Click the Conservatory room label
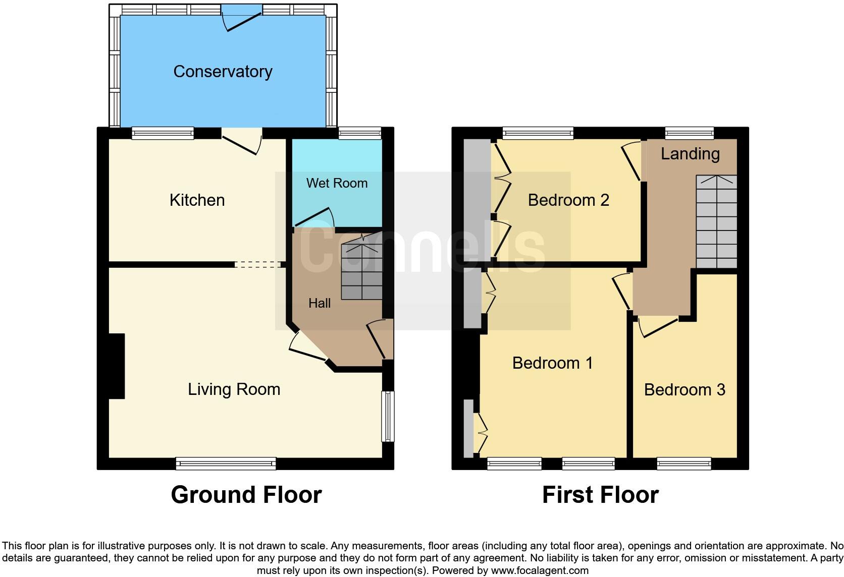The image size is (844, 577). pyautogui.click(x=223, y=72)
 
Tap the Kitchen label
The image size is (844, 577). pyautogui.click(x=197, y=200)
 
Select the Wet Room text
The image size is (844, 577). pyautogui.click(x=337, y=183)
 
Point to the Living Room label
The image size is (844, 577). pyautogui.click(x=234, y=389)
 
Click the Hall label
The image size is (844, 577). pyautogui.click(x=320, y=303)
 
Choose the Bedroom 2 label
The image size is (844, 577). pyautogui.click(x=568, y=200)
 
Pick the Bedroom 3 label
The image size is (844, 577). pyautogui.click(x=684, y=390)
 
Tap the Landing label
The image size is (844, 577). pyautogui.click(x=690, y=154)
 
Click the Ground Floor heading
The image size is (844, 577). pyautogui.click(x=246, y=495)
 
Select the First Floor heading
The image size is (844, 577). pyautogui.click(x=600, y=495)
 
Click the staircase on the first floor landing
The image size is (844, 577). pyautogui.click(x=716, y=222)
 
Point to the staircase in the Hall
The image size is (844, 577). pyautogui.click(x=361, y=272)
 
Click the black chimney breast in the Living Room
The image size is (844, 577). pyautogui.click(x=117, y=366)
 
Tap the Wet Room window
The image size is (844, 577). pyautogui.click(x=359, y=133)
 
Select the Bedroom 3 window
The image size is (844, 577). pyautogui.click(x=684, y=463)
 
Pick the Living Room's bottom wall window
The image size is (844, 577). pyautogui.click(x=226, y=463)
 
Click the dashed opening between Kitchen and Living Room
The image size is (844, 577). pyautogui.click(x=258, y=264)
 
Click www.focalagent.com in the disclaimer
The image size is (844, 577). pyautogui.click(x=540, y=570)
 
